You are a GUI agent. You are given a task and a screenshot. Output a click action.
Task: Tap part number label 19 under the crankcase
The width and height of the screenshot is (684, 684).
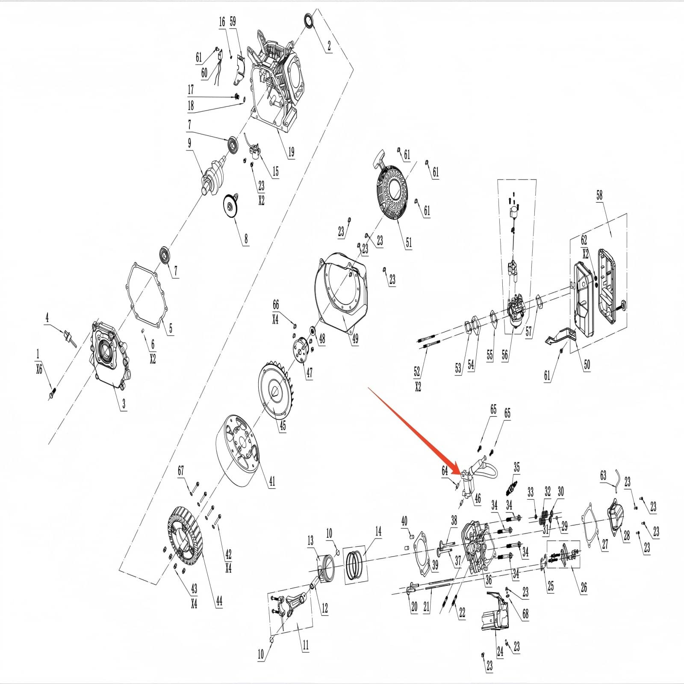coord(291,152)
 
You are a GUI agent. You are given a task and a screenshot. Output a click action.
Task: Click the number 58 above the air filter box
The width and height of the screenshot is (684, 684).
coord(599,195)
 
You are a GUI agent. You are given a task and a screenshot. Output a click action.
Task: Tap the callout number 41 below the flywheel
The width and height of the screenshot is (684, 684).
coord(272,481)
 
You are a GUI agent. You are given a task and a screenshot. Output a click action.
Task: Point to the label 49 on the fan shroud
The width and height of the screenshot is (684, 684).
coord(355,339)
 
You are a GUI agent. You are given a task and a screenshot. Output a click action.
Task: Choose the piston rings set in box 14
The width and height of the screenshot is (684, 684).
coord(355,565)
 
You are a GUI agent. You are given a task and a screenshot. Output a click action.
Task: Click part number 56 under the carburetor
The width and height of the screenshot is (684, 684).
coord(505,354)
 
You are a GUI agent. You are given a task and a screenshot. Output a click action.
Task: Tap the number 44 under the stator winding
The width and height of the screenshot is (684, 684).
coord(219,601)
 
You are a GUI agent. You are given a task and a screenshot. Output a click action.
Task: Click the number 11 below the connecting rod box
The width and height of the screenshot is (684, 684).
coord(305,645)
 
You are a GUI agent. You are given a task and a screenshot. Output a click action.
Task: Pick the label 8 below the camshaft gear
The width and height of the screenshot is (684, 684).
coord(246,238)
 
